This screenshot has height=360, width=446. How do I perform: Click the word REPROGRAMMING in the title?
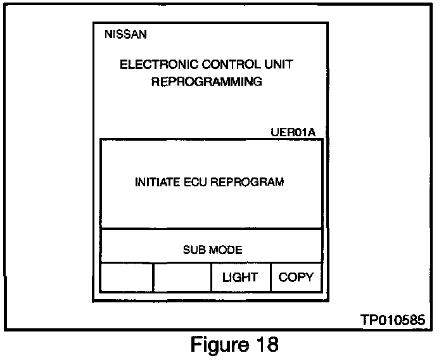[x=207, y=82]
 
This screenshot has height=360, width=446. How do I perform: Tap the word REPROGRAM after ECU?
[x=247, y=182]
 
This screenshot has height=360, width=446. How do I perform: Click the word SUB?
[x=193, y=250]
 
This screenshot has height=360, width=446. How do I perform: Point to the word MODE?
[x=227, y=250]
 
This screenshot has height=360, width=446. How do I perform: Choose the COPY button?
[x=296, y=278]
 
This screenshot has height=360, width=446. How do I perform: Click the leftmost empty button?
[x=127, y=278]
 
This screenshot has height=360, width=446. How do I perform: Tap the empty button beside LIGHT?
[x=182, y=278]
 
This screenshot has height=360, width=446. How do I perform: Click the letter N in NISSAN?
[x=108, y=34]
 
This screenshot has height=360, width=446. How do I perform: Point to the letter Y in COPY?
[x=309, y=278]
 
